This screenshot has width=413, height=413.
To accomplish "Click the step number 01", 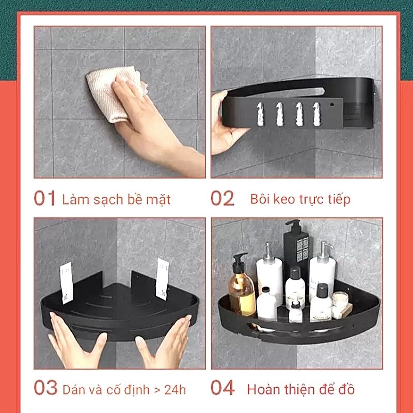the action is [x=44, y=198].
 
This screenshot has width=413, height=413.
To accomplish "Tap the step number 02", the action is [x=223, y=198].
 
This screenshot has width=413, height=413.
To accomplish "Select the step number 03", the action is [x=45, y=388].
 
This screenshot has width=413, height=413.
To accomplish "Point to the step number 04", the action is [x=223, y=388].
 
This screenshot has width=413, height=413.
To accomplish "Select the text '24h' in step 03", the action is [x=175, y=390].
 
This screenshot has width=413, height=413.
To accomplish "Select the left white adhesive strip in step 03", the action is [x=67, y=282].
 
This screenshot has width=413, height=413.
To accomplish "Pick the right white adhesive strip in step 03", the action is [x=162, y=279].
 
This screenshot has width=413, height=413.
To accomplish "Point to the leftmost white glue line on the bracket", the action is [x=260, y=114].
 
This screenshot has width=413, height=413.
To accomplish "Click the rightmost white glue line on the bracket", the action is [x=316, y=114].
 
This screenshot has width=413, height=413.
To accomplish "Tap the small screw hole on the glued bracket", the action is [x=331, y=105].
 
